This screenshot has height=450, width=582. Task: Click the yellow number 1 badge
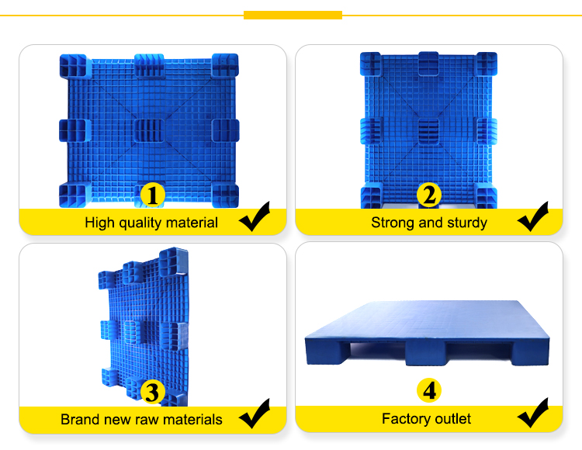click(153, 195)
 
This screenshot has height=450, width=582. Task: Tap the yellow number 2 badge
click(429, 195)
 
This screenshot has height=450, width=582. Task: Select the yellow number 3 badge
click(153, 392)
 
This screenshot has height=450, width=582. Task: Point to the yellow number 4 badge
click(429, 390)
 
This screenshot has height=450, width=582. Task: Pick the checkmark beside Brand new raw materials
click(255, 414)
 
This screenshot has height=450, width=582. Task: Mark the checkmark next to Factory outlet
click(533, 413)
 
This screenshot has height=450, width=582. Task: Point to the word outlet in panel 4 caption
click(453, 419)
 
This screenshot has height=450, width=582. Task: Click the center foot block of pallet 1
click(149, 130)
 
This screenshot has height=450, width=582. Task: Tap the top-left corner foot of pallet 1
click(73, 66)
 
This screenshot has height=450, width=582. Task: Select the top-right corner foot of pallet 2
click(487, 64)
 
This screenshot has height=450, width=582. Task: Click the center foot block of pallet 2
click(428, 131)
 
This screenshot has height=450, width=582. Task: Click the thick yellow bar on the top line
click(293, 16)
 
